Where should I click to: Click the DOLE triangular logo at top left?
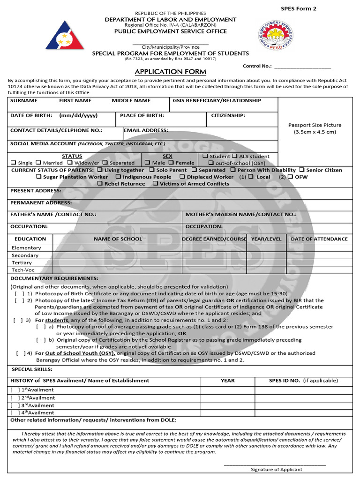coord(65,35)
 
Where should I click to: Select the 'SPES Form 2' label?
coord(299,9)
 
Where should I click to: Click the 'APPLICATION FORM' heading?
coord(170,72)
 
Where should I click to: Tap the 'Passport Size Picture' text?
coord(315,125)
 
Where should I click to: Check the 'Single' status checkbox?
coord(14,163)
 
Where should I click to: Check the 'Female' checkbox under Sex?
coord(172,163)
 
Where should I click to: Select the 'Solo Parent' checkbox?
coord(152,170)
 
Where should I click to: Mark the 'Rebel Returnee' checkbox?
coord(100,184)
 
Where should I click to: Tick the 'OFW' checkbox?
coord(291,177)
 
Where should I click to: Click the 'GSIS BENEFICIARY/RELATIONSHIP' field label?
coord(217,101)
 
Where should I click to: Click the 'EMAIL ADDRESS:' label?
coord(146,130)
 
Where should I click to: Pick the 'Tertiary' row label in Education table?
coord(22,262)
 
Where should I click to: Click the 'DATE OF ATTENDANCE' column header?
coord(319,239)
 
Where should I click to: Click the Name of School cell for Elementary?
coord(117,247)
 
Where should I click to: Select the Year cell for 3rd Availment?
coord(227,405)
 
